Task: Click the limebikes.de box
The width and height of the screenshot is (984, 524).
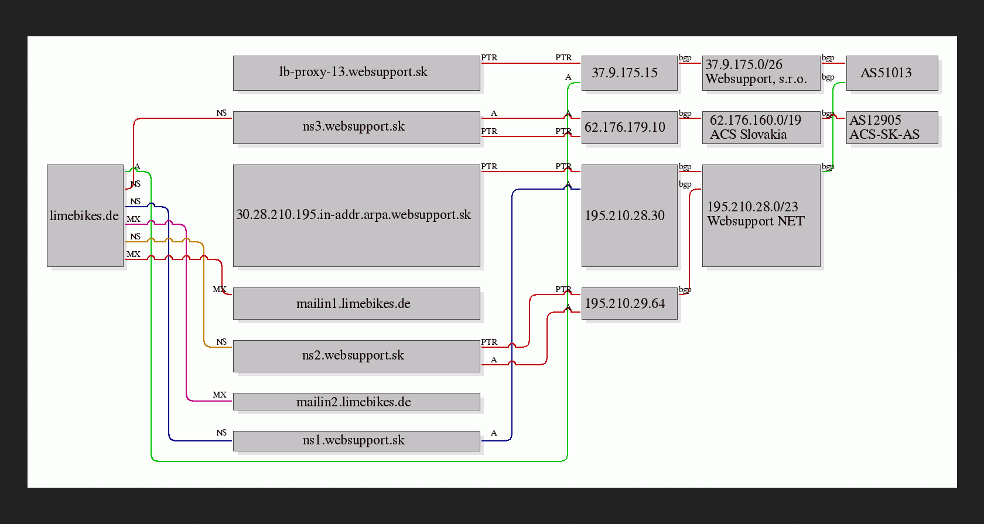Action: (86, 215)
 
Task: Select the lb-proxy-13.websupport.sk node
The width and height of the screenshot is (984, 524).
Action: (356, 73)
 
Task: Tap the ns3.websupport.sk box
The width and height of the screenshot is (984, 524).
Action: (356, 128)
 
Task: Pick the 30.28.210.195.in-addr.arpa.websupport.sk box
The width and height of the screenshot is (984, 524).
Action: (356, 215)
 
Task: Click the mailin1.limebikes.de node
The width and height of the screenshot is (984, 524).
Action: (356, 303)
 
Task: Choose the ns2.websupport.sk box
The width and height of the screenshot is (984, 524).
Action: (356, 356)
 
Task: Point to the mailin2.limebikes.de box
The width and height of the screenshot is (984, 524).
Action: (356, 402)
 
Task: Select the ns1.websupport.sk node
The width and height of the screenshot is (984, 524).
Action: (356, 441)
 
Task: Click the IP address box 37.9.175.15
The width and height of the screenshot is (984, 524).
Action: (630, 73)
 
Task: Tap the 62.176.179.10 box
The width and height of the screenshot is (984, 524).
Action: (630, 128)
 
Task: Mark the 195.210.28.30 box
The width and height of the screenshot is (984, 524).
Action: (630, 215)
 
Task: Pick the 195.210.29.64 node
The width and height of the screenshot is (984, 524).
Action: (630, 303)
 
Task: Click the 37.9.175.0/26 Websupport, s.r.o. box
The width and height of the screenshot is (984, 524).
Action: (761, 73)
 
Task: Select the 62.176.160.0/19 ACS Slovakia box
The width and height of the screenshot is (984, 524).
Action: (761, 128)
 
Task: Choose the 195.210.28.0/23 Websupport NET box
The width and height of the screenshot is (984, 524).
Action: (761, 215)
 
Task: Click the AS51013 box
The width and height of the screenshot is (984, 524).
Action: (892, 73)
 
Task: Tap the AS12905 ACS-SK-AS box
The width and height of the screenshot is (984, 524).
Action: (892, 128)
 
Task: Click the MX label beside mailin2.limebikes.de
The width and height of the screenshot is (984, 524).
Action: (220, 395)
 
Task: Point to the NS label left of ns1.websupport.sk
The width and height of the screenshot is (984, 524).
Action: (221, 433)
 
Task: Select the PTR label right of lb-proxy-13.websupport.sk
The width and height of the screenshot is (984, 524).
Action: (490, 57)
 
